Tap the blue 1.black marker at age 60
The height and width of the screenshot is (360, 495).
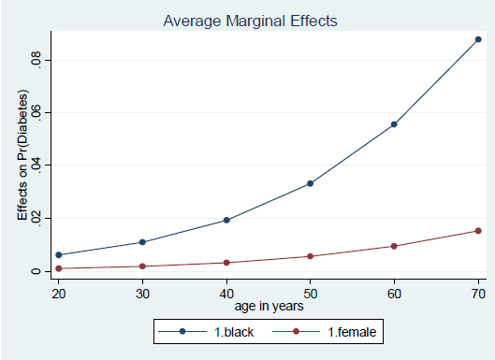coord(394,124)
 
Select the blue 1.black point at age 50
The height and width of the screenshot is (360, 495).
coord(310,183)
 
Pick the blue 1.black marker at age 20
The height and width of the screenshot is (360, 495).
coord(59,254)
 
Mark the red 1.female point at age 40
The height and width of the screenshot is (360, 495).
coord(226,263)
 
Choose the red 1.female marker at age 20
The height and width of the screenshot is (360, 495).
coord(59,268)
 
